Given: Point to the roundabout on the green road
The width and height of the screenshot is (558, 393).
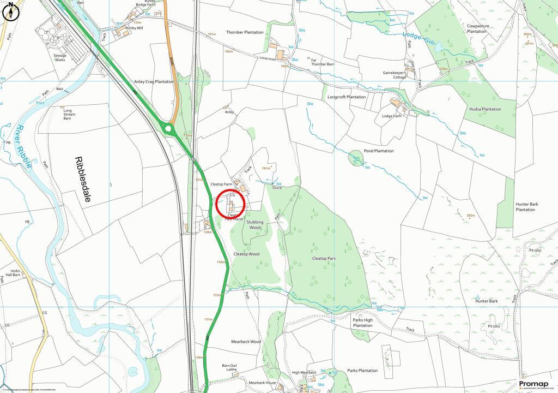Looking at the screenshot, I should pyautogui.click(x=168, y=129).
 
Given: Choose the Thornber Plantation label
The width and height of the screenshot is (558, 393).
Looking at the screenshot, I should pyautogui.click(x=244, y=33).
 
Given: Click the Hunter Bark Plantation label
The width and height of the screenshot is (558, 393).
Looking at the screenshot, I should pyautogui.click(x=526, y=207).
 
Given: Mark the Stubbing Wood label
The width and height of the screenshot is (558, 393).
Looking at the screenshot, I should pyautogui.click(x=254, y=224).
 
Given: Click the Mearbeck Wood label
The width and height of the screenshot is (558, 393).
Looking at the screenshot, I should pyautogui.click(x=246, y=342).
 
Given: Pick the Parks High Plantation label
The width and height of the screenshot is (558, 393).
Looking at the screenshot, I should pyautogui.click(x=362, y=323).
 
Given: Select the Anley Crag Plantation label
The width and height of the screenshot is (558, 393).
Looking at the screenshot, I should pyautogui.click(x=154, y=82).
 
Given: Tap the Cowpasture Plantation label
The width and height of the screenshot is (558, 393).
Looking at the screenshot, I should pyautogui.click(x=477, y=28).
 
